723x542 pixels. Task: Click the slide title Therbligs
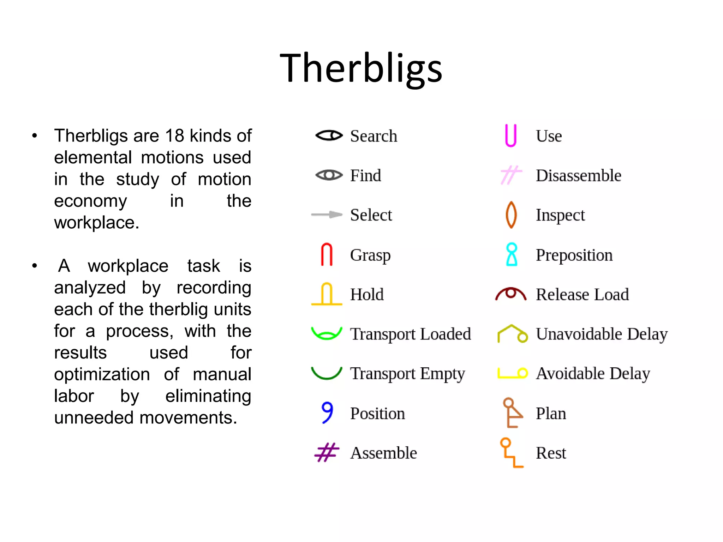tap(361, 68)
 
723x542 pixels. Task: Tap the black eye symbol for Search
tap(329, 135)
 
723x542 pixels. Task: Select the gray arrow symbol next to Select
tap(327, 215)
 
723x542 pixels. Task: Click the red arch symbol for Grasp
tap(327, 254)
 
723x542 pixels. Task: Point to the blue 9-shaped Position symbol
tap(327, 412)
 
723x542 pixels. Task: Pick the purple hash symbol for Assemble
tap(327, 452)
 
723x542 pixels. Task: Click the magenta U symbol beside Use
tap(510, 135)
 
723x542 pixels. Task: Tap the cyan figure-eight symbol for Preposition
tap(512, 254)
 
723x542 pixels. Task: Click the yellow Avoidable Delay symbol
tap(512, 373)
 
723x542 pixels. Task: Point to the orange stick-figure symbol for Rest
tap(511, 453)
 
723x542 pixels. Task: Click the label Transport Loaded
tap(410, 334)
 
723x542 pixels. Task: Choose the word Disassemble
tap(578, 175)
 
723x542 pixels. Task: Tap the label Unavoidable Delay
tap(602, 334)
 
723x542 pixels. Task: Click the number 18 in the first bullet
tap(174, 136)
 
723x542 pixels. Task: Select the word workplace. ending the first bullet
tap(96, 223)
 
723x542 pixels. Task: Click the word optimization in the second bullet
tap(102, 374)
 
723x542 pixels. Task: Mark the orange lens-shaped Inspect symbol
tap(511, 215)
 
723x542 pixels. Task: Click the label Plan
tap(551, 413)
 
